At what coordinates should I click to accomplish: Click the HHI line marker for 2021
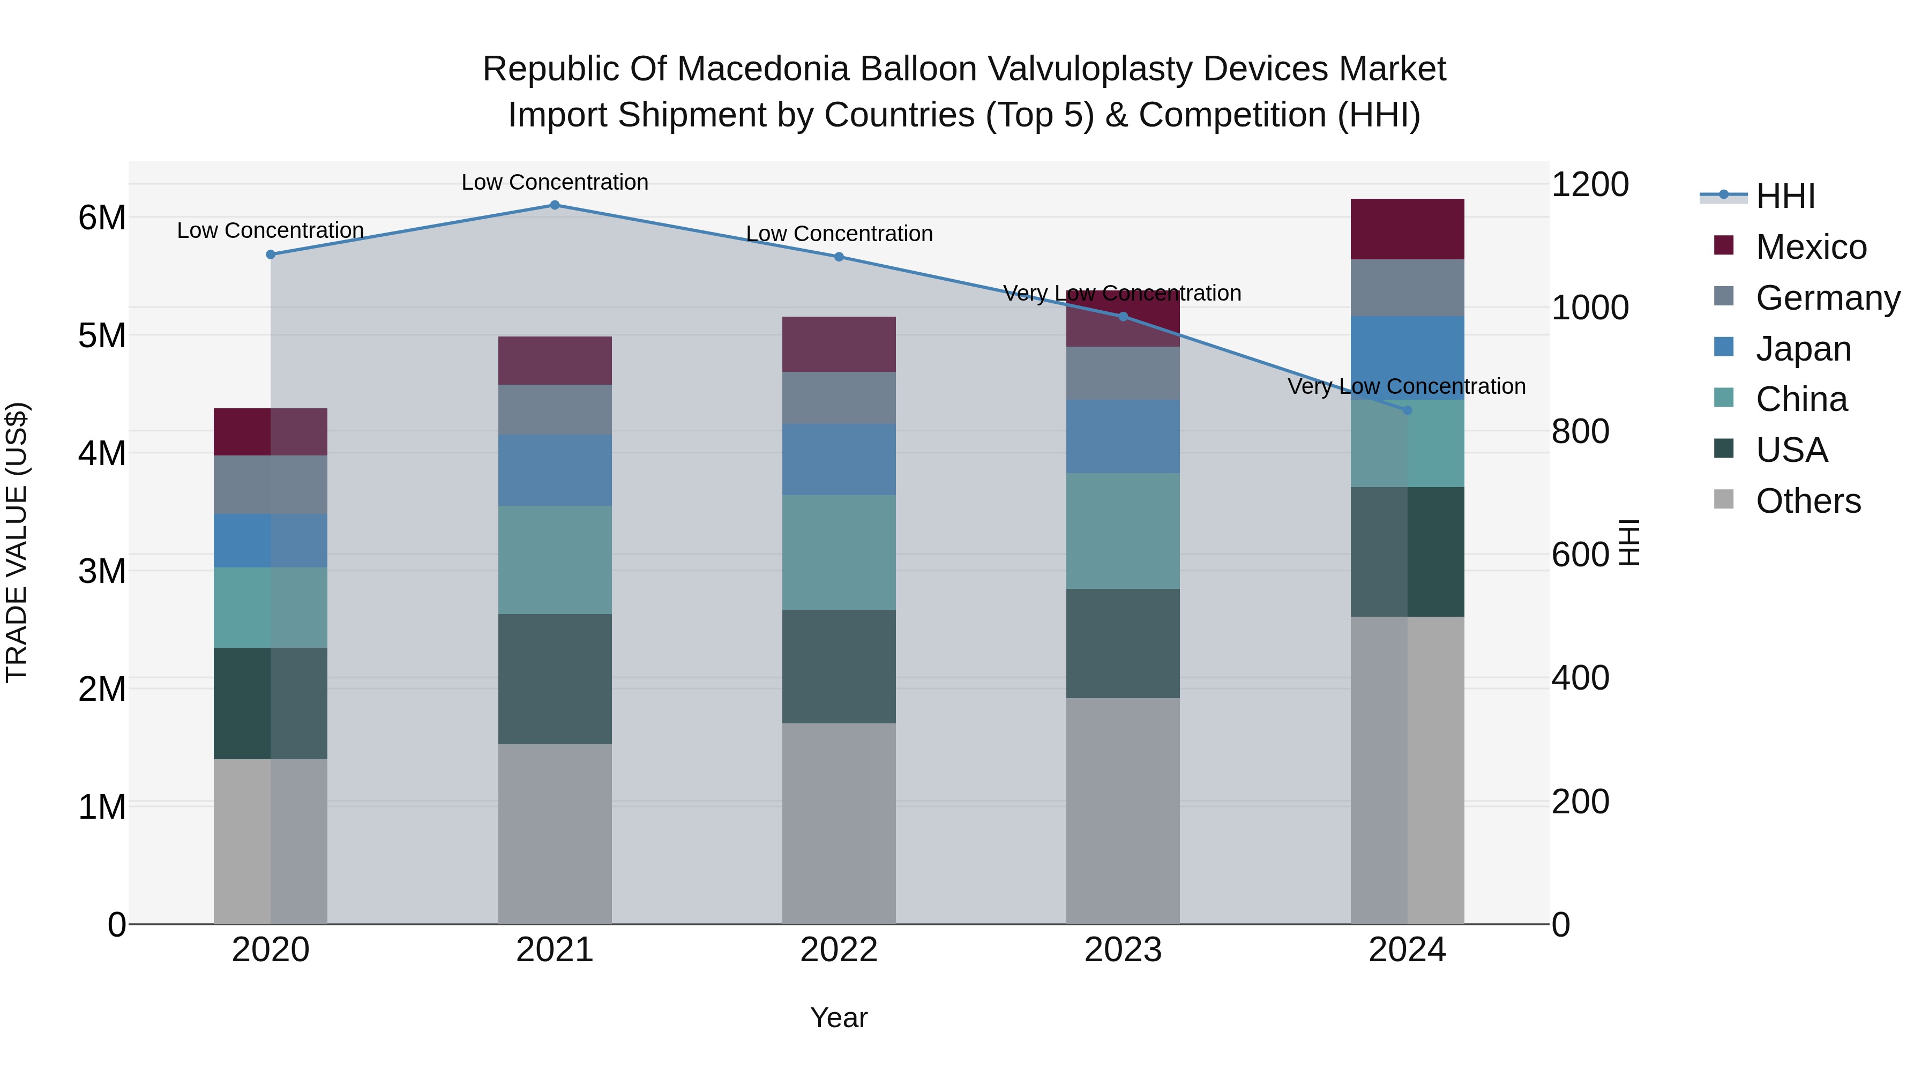coord(555,205)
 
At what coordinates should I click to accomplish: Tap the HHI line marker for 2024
coord(1407,410)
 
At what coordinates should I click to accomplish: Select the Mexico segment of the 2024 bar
coord(1407,229)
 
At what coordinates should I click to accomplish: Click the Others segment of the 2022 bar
coord(839,823)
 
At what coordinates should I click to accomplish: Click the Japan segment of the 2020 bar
coord(271,540)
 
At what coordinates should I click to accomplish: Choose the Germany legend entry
coord(1827,298)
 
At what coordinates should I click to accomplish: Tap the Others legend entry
coord(1808,501)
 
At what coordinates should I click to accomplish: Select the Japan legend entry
coord(1803,349)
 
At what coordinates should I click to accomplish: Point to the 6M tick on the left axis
coord(102,218)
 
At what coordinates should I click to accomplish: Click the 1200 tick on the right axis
coord(1589,184)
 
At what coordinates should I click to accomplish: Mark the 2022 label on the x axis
coord(839,950)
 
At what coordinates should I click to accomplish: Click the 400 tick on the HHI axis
coord(1580,678)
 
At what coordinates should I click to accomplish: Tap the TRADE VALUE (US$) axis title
coord(17,542)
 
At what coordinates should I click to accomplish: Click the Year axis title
coord(839,1017)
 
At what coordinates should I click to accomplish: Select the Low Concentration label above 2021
coord(555,182)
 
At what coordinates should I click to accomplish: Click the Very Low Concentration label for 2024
coord(1407,386)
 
